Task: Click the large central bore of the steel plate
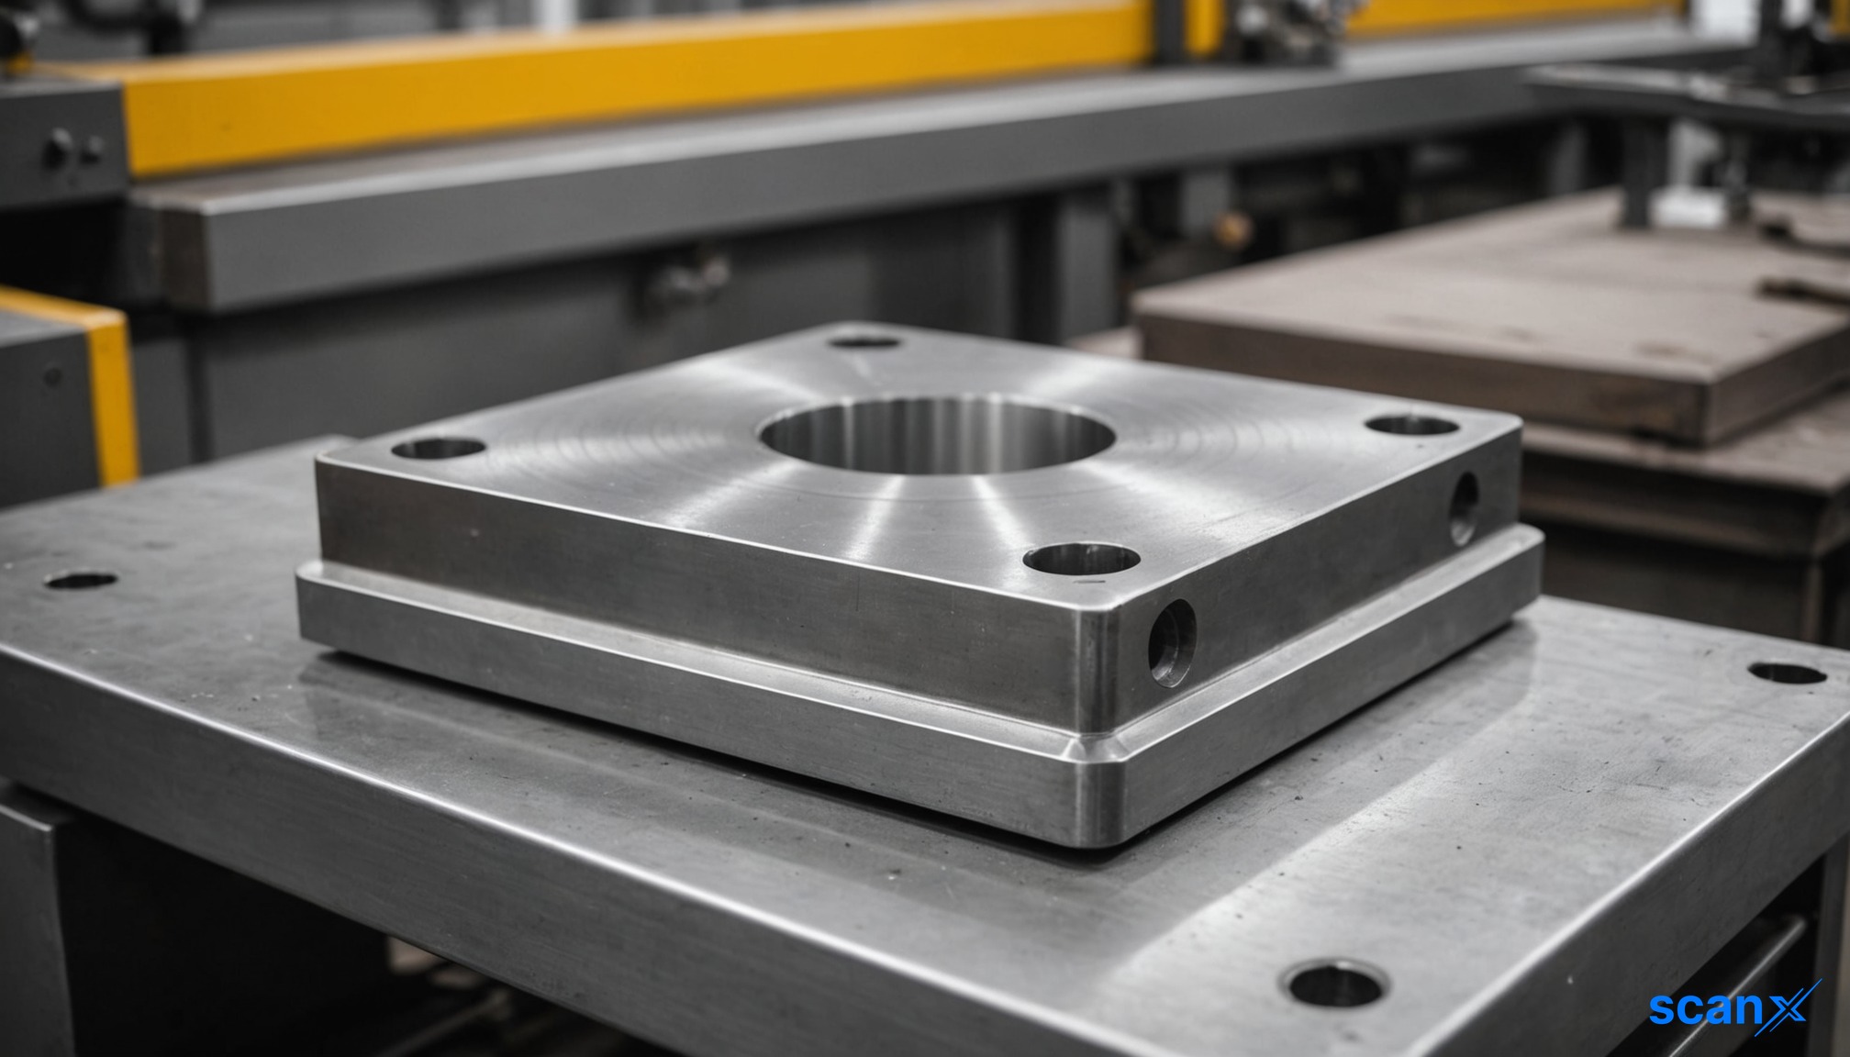[x=936, y=435]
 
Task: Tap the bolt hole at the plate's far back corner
[x=863, y=342]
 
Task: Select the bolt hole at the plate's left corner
[x=438, y=449]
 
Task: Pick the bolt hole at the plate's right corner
[x=1411, y=426]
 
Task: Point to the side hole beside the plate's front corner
[x=1172, y=642]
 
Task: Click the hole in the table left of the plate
[x=81, y=581]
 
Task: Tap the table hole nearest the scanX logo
[x=1334, y=985]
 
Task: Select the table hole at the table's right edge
[x=1788, y=673]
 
